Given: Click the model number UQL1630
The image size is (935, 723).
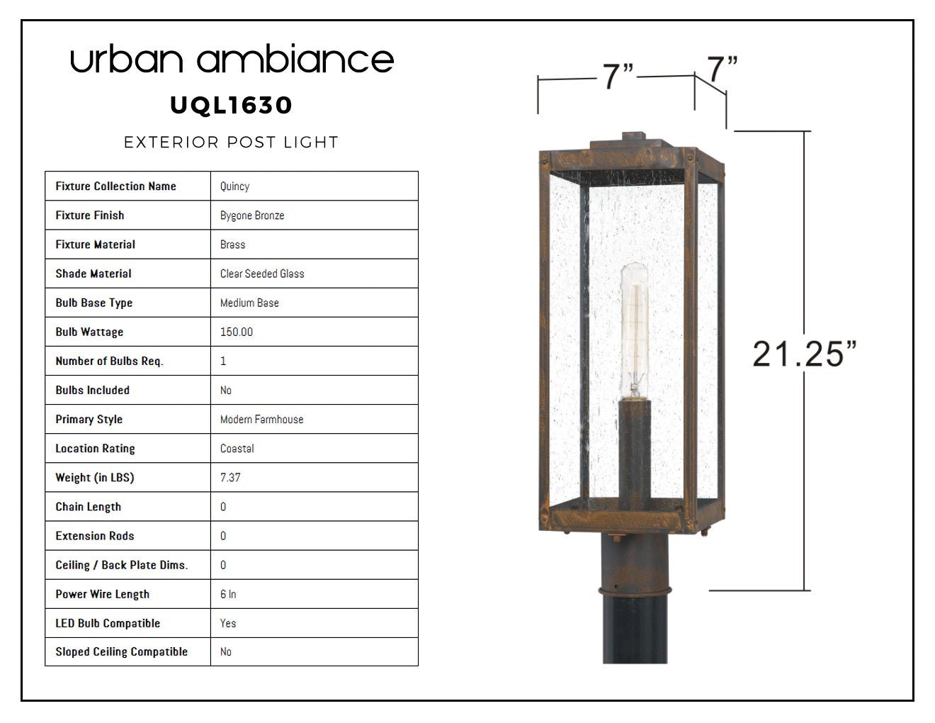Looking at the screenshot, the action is click(232, 106).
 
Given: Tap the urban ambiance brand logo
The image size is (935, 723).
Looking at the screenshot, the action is click(232, 59).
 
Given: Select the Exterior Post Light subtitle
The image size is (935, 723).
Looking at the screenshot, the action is click(232, 142).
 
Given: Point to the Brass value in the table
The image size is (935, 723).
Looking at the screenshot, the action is click(233, 245).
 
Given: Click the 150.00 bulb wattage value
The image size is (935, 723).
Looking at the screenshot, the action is click(237, 332).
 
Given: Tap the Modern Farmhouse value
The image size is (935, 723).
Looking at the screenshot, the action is click(261, 420).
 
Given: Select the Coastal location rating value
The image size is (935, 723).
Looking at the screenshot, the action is click(237, 449).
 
